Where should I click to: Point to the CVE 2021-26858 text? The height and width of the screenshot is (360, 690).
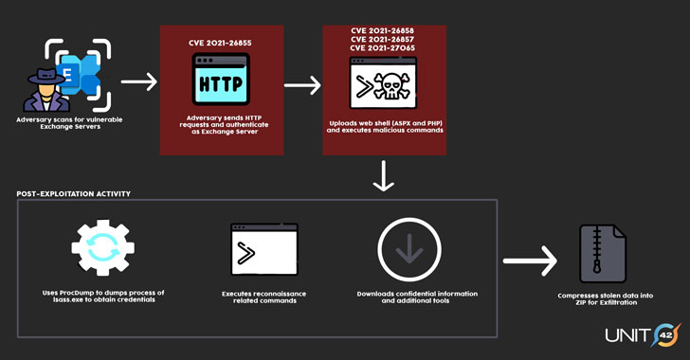click(384, 30)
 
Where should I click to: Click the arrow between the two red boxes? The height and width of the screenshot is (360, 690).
click(302, 84)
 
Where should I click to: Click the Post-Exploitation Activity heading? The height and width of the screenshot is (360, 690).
click(73, 193)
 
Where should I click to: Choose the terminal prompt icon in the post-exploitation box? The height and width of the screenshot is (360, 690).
click(263, 250)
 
